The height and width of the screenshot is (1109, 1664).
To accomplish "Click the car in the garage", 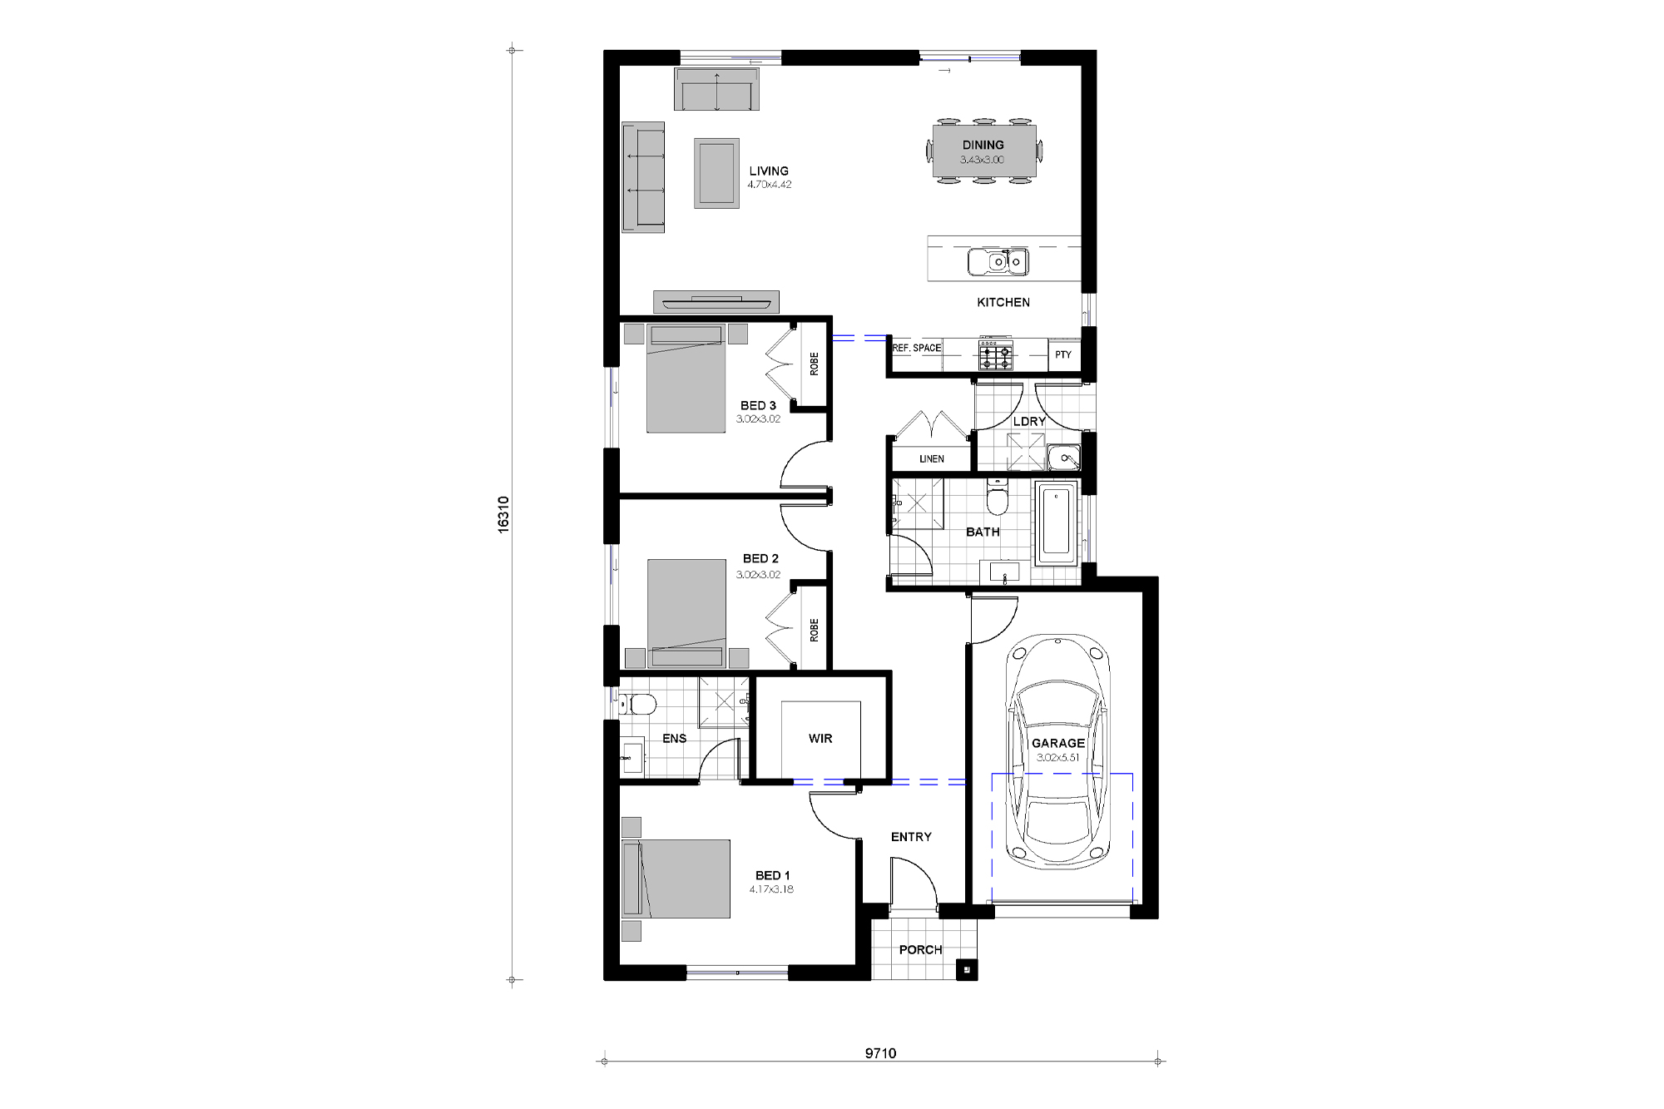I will point(1057,753).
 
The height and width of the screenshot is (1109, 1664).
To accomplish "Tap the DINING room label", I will point(983,145).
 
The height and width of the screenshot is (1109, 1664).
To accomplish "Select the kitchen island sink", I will point(998,261).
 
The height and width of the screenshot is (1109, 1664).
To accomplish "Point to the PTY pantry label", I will point(1062,355).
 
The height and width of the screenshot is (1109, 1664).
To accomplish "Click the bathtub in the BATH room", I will point(1056,523).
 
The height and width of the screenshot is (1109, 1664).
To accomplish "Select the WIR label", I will point(820,738).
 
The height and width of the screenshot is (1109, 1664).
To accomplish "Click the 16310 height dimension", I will point(503,514).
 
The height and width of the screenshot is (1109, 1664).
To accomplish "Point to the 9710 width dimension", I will point(880,1053).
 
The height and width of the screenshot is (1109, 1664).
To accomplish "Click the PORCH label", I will point(920,949).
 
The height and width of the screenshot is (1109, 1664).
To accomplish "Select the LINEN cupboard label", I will point(932,459).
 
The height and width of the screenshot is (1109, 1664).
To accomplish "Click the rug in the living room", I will point(716,173).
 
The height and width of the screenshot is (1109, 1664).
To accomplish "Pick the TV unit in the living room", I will point(716,300).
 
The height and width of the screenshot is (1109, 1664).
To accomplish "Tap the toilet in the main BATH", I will point(996,499).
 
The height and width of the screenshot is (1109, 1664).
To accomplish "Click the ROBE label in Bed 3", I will point(814,364).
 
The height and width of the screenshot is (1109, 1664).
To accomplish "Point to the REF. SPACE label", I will point(917,348).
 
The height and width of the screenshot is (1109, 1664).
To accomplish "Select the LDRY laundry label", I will point(1029,421).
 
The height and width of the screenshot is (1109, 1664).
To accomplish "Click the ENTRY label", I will point(911,837).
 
